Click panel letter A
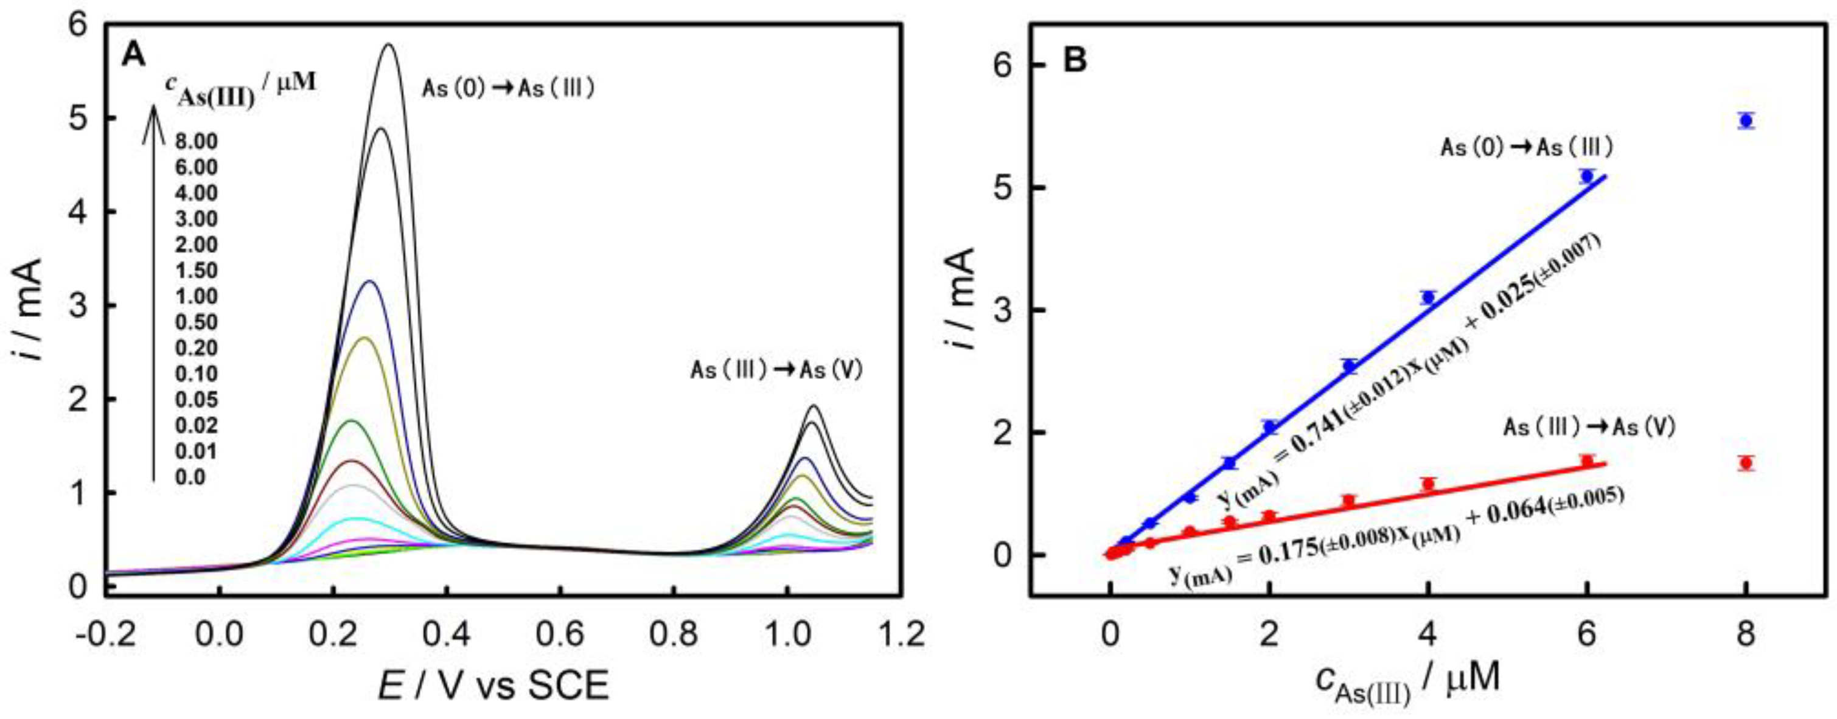[133, 54]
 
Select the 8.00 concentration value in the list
[195, 141]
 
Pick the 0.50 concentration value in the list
[195, 322]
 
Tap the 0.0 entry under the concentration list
[189, 477]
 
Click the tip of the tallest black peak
[389, 45]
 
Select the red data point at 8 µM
[1746, 463]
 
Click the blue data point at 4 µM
[1427, 298]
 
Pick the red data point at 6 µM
[1588, 461]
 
